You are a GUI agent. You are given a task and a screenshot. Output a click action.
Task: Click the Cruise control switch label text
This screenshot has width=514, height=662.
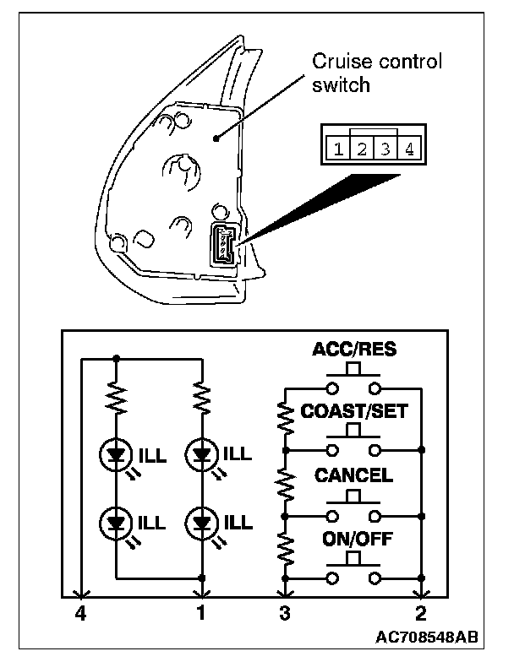click(377, 73)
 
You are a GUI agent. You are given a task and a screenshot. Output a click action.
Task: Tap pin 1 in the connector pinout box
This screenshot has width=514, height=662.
click(338, 150)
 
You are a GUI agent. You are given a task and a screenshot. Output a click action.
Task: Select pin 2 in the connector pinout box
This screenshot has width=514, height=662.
click(361, 150)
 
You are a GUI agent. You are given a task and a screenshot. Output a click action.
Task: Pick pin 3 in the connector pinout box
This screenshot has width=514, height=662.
click(385, 150)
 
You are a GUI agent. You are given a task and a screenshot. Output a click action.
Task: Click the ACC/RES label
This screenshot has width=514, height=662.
click(354, 349)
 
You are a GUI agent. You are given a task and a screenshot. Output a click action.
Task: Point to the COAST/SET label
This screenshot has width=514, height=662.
click(354, 411)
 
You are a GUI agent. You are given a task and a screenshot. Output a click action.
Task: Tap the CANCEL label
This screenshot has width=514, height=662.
click(354, 475)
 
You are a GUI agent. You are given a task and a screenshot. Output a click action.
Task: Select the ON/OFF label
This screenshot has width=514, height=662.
click(354, 538)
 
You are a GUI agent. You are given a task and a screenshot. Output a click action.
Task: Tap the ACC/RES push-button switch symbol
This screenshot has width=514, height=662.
click(354, 382)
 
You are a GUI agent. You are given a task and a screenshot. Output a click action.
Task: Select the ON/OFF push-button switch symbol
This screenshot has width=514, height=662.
click(354, 572)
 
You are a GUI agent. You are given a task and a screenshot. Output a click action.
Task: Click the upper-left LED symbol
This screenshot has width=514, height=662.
click(117, 457)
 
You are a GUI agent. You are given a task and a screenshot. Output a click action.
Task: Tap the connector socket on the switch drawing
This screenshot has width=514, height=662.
click(223, 245)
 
